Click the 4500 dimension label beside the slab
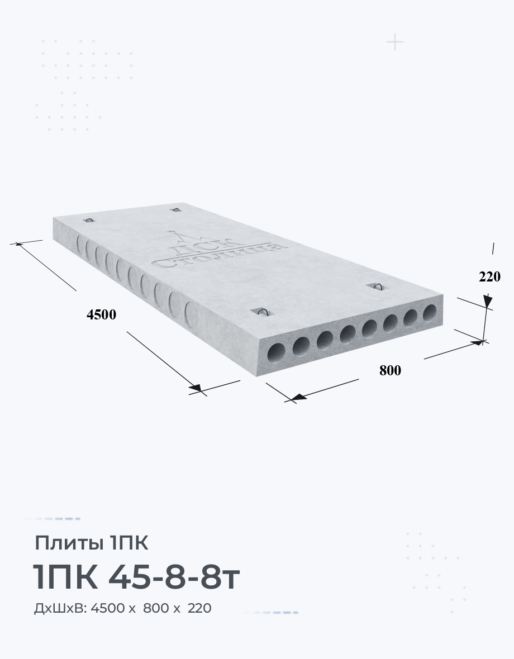(101, 315)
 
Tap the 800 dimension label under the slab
(390, 370)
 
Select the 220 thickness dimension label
(489, 276)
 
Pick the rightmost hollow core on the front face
(430, 313)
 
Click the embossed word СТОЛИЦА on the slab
(218, 254)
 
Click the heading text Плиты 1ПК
(91, 543)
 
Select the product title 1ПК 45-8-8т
(136, 577)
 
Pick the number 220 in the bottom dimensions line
(199, 608)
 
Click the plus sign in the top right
(395, 42)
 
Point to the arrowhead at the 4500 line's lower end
(196, 388)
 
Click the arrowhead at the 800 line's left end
(298, 397)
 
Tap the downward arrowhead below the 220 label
(488, 302)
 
